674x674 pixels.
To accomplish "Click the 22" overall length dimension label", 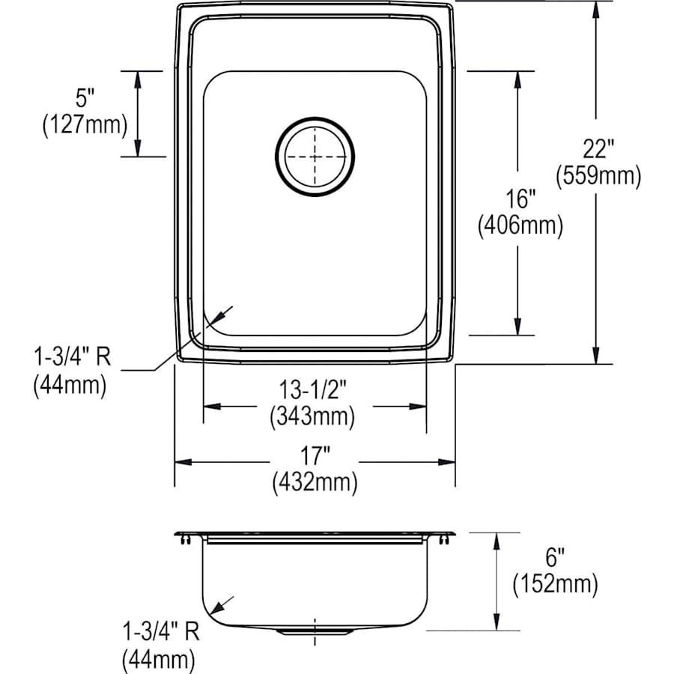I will [598, 149].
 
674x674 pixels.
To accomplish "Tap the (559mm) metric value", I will [598, 176].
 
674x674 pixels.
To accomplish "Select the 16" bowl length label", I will [520, 198].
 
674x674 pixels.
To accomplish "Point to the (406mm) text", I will [520, 225].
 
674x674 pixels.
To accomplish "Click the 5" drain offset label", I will [85, 98].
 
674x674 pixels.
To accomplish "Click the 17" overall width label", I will [315, 455].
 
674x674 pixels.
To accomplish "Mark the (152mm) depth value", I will [555, 584].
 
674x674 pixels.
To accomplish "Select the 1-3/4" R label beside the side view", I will [161, 633].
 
